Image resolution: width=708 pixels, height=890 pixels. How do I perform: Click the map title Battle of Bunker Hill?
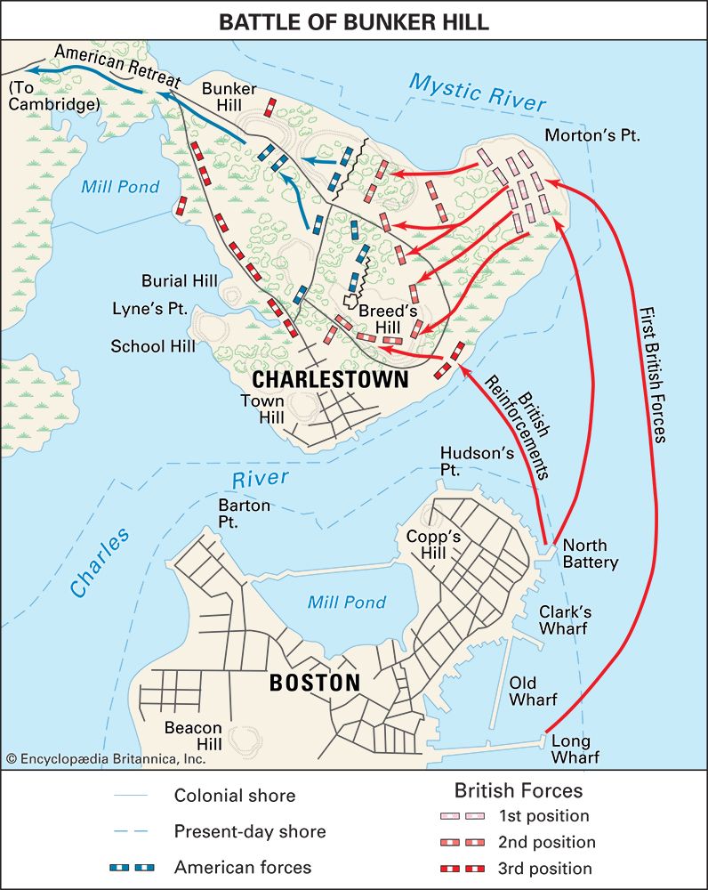click(354, 21)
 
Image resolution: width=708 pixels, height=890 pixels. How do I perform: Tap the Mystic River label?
click(478, 93)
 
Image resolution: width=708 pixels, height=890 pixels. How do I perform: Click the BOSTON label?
click(314, 684)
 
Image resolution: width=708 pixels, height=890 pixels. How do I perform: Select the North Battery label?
click(590, 554)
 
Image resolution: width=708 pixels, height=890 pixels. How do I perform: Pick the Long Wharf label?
click(575, 749)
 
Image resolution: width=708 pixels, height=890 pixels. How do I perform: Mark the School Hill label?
click(153, 346)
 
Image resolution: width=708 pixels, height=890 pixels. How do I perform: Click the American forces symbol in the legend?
click(133, 868)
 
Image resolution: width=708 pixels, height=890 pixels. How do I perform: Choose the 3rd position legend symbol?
click(463, 868)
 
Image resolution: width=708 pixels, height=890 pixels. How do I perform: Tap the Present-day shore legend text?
click(250, 832)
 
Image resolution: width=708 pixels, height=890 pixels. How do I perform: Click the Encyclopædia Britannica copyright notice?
click(106, 759)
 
